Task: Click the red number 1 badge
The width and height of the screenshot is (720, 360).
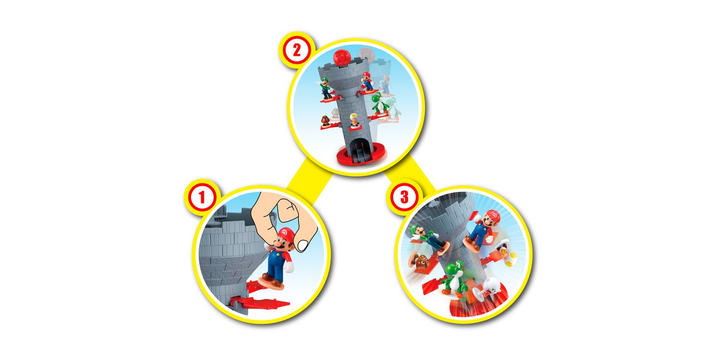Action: [202, 197]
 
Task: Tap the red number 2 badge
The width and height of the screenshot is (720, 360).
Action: [296, 50]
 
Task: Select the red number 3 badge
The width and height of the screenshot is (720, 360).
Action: [404, 197]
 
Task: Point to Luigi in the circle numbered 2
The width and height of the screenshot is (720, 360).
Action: [326, 89]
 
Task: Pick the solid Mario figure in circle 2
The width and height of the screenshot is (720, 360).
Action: [367, 82]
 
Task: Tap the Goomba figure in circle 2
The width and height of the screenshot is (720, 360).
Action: [325, 121]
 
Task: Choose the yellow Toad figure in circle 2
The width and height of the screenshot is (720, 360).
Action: [354, 120]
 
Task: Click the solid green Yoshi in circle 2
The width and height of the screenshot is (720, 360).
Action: [379, 104]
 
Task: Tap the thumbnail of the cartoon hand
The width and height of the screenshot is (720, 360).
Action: [302, 246]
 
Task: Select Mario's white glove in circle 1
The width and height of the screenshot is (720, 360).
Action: [288, 267]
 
